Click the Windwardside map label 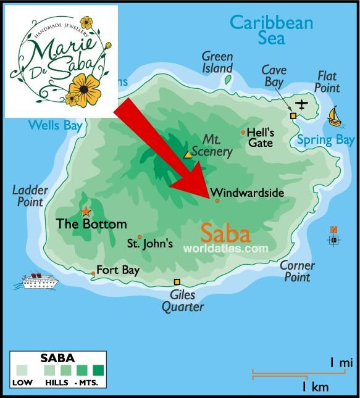[x=247, y=193]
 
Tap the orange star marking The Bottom [x=85, y=212]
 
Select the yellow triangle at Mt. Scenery [x=188, y=154]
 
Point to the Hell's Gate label [x=259, y=137]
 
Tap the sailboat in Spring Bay [x=334, y=115]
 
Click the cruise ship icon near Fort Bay [x=36, y=281]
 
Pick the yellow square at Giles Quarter [x=177, y=282]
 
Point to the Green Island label [x=217, y=62]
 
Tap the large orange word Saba [x=225, y=234]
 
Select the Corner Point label [x=297, y=272]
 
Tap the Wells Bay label [x=55, y=126]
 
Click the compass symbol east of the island [x=334, y=239]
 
